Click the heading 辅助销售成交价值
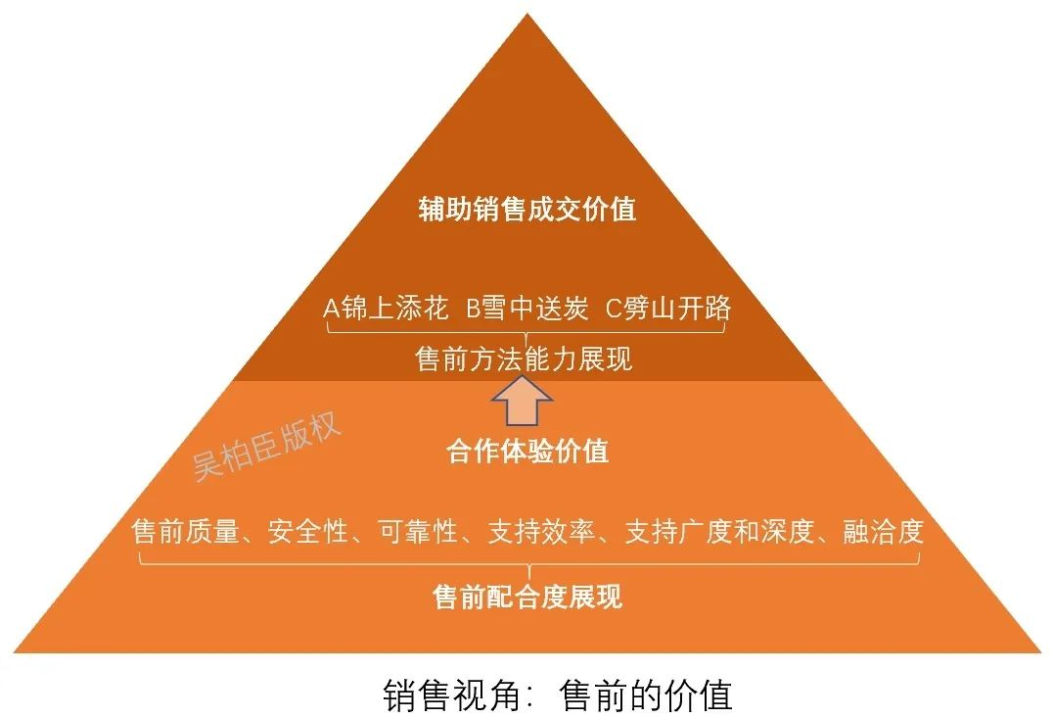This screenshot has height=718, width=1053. tap(527, 210)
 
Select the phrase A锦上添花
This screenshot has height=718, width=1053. tap(386, 309)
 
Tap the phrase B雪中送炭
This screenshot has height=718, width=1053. tap(527, 309)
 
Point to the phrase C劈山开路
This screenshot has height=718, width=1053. tap(668, 309)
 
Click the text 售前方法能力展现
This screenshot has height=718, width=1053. tap(526, 359)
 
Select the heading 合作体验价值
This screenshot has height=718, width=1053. tap(527, 451)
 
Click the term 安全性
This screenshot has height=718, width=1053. tap(308, 532)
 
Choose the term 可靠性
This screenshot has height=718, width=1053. tap(418, 532)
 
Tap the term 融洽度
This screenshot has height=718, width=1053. tap(884, 532)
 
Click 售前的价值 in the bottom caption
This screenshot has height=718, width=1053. tap(646, 694)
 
